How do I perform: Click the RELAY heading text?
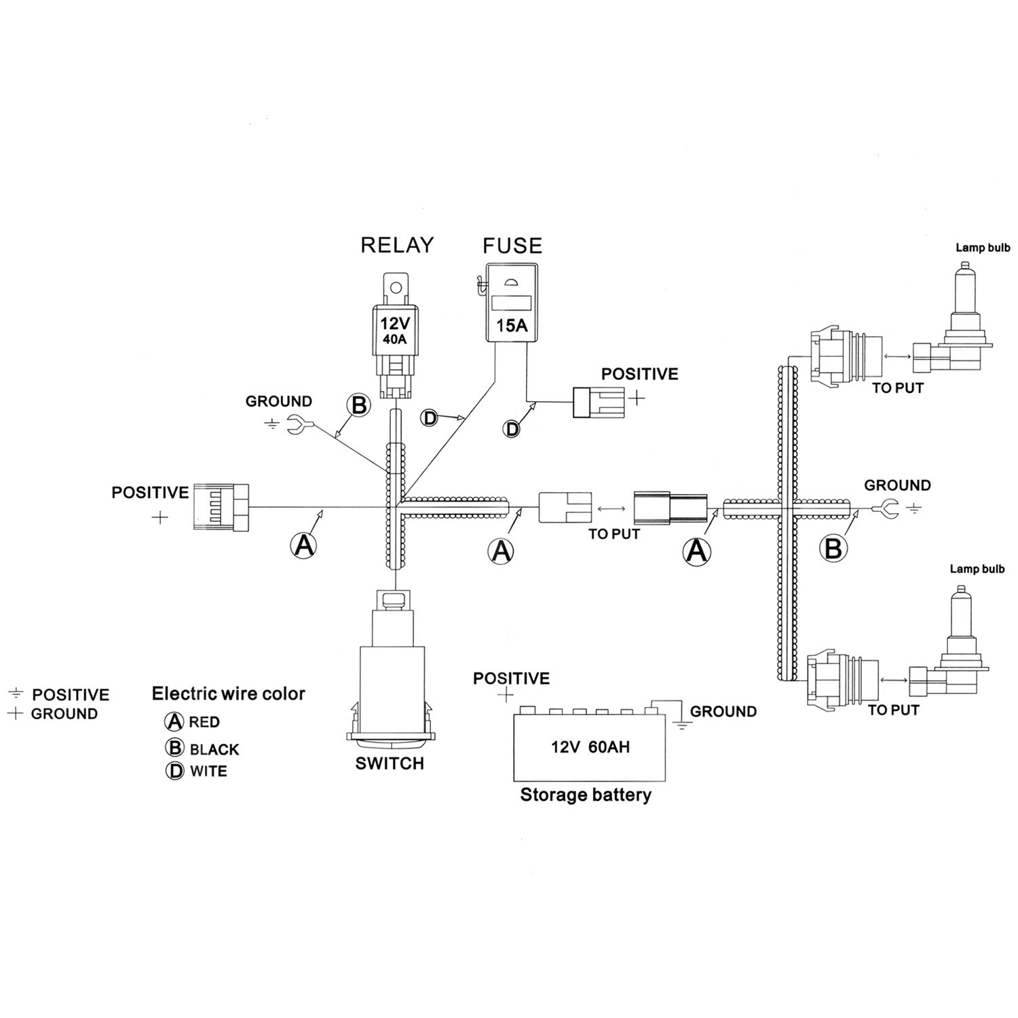pos(397,245)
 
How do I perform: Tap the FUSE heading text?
pos(512,246)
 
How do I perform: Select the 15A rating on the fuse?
pos(512,325)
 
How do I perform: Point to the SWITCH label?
pos(390,763)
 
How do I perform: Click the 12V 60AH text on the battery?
pos(590,747)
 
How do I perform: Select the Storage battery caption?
pos(585,795)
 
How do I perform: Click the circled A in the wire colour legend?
pos(175,722)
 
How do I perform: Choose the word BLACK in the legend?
pos(214,750)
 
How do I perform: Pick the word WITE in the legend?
pos(208,772)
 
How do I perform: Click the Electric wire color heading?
pos(228,694)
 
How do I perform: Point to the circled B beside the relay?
pos(359,406)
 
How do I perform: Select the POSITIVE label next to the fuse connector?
pos(639,374)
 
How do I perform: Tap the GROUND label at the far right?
pos(897,485)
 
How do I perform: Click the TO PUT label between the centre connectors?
pos(614,534)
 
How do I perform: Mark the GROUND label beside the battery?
pos(723,711)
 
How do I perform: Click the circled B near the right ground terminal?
pos(833,548)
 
